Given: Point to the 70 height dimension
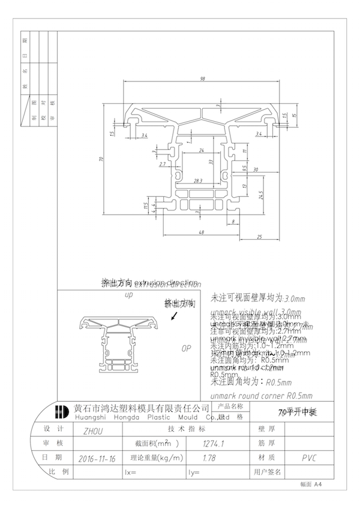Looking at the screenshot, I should coord(103,159).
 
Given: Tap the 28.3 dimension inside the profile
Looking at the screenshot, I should coord(198,180).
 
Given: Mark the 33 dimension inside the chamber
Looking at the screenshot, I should coord(211,162).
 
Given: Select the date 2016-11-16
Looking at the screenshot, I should coord(96,459).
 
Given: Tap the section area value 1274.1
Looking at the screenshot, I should coord(214,444).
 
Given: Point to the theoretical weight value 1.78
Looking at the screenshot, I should coord(209,459).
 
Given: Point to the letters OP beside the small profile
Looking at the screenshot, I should coord(186,348).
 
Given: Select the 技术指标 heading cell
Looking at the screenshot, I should coord(186,430).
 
